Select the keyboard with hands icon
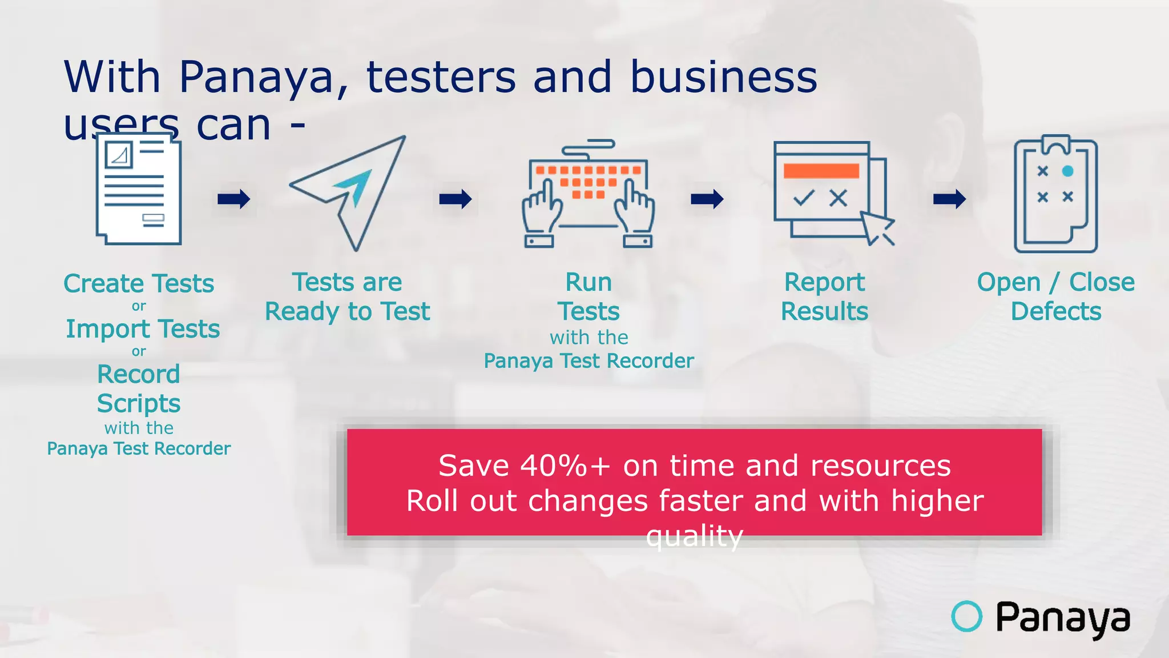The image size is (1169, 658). [588, 194]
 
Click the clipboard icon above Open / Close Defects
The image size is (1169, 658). [1055, 194]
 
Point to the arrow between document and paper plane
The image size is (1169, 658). [233, 199]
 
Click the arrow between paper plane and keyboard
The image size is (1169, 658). [455, 199]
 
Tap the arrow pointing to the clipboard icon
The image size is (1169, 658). [949, 199]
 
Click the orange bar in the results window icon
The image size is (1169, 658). [821, 171]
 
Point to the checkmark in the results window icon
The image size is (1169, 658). [803, 198]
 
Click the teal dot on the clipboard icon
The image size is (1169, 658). [1067, 171]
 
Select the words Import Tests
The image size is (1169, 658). [143, 329]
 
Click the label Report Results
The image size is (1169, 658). [824, 297]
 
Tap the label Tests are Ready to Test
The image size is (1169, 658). [347, 297]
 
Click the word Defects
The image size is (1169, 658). [1056, 312]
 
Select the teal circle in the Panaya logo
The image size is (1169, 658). [966, 616]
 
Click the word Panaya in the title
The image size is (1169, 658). [256, 77]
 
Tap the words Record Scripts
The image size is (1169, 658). [139, 389]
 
